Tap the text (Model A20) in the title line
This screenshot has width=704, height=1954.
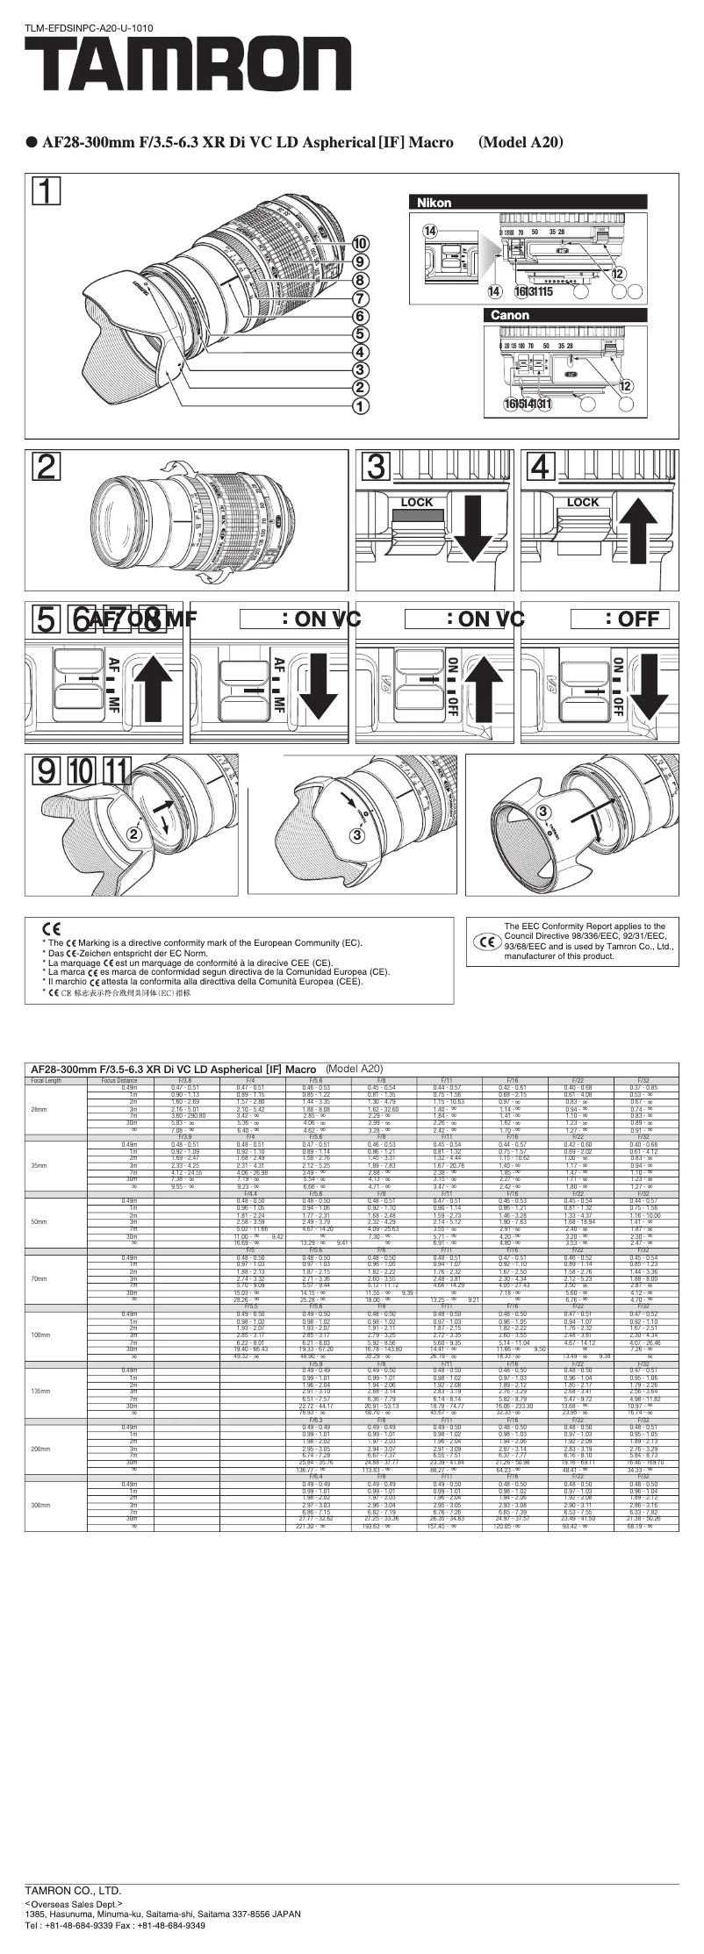[521, 142]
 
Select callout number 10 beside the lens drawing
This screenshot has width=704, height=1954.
[361, 243]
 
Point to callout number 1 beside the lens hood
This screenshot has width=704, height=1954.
[361, 405]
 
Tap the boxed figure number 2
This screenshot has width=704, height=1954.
[47, 467]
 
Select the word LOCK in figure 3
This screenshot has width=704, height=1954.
[417, 503]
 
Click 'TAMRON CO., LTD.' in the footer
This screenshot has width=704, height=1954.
[73, 1890]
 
